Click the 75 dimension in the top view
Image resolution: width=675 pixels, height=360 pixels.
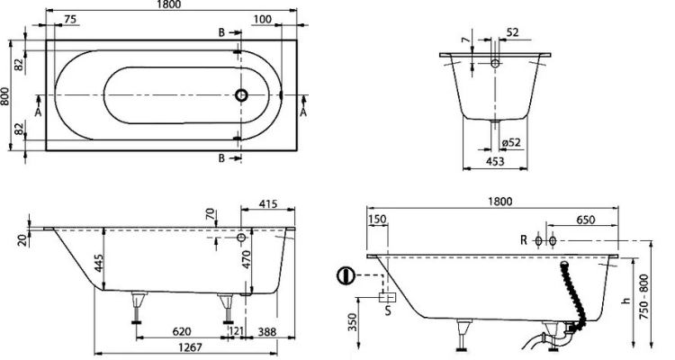pos(69,19)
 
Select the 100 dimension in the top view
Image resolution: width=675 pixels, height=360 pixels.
pos(262,20)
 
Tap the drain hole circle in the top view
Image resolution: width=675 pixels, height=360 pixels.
pos(241,94)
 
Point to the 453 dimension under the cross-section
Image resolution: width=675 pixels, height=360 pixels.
pos(495,161)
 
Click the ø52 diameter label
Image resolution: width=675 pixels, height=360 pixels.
pos(511,141)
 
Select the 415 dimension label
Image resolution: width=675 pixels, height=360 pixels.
pos(268,203)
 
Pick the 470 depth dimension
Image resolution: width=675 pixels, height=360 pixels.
pos(246,260)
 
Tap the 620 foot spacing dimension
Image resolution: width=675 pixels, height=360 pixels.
pos(181,331)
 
